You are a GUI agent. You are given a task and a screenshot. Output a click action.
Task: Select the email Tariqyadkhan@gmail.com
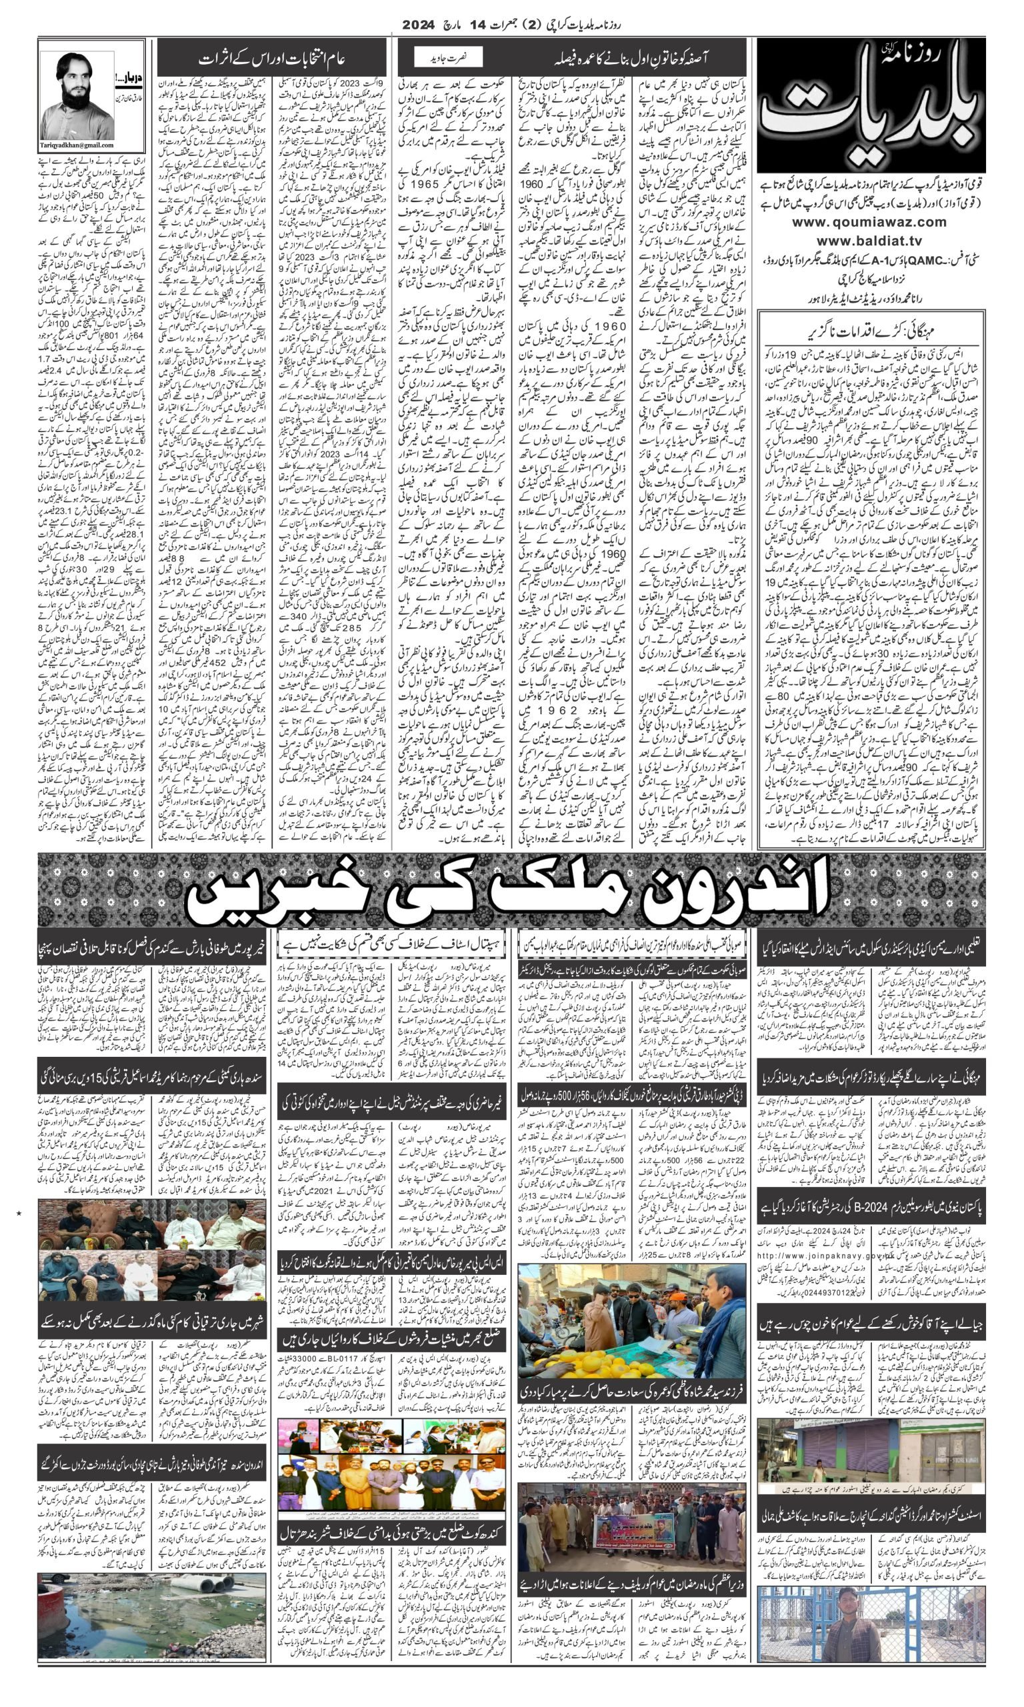92,144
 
